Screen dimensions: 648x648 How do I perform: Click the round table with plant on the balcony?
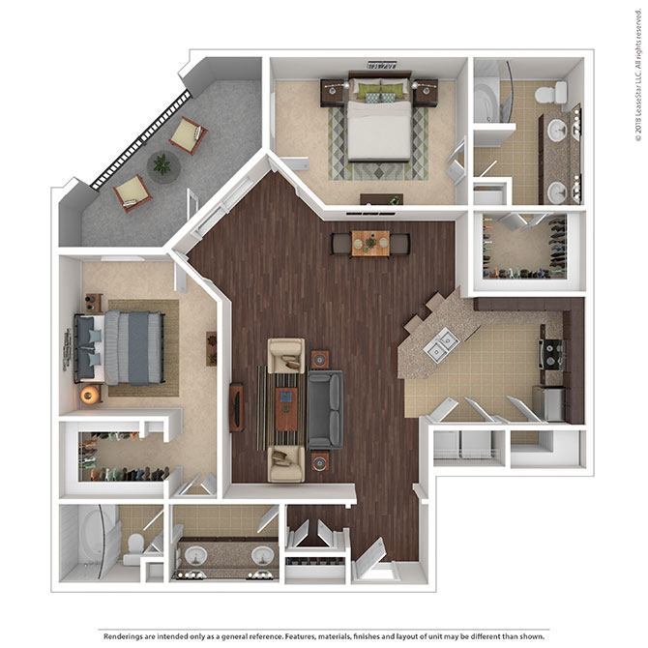click(162, 167)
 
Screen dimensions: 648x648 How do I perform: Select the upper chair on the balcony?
click(188, 136)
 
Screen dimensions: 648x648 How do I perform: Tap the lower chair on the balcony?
click(133, 192)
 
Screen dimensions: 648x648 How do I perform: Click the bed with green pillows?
click(379, 123)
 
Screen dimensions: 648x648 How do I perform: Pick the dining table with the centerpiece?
click(369, 243)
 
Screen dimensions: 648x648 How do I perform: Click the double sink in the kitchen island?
click(442, 342)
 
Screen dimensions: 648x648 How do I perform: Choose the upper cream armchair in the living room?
click(286, 355)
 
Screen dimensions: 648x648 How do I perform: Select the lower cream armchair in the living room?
click(286, 463)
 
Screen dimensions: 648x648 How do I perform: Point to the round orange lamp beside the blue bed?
click(91, 394)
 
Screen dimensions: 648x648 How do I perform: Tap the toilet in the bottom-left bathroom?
click(133, 548)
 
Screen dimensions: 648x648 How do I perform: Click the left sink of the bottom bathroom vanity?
click(196, 557)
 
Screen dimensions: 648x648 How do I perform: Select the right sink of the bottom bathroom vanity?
click(261, 557)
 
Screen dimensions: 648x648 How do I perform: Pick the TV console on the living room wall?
click(236, 407)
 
